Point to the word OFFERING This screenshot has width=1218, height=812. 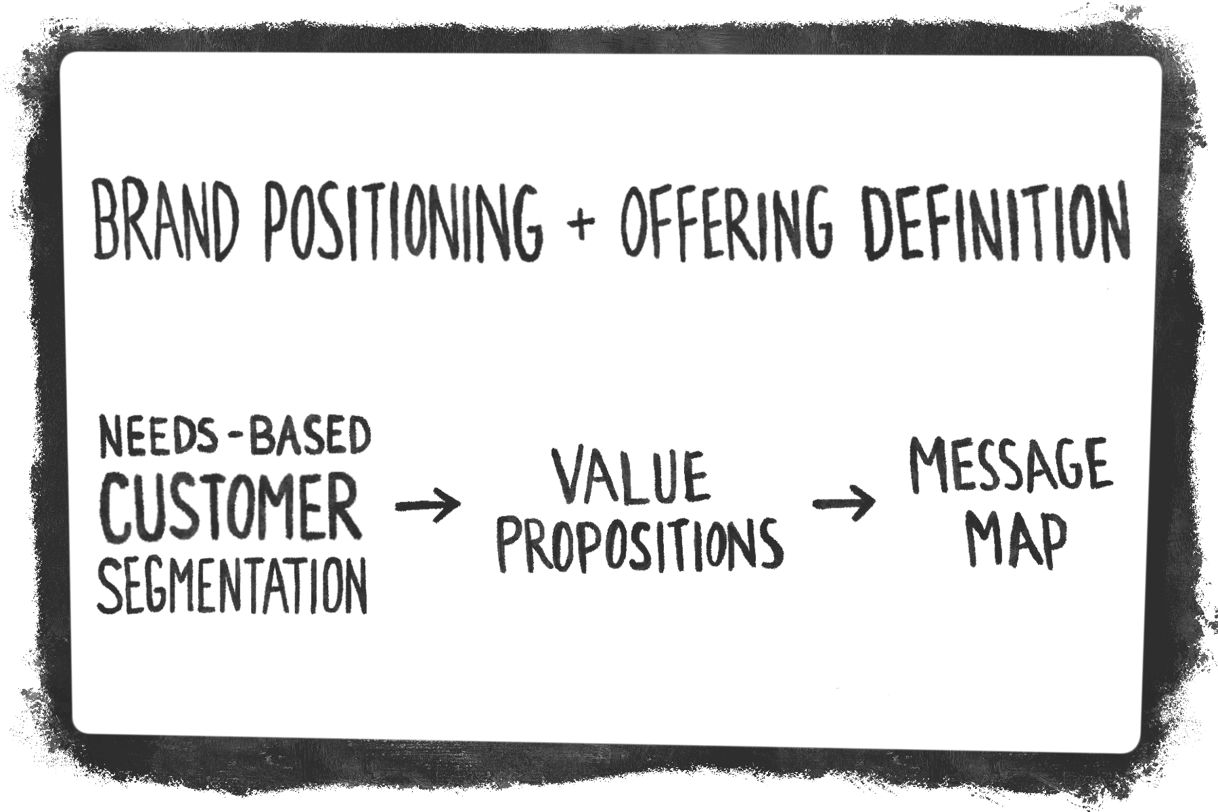[x=725, y=220]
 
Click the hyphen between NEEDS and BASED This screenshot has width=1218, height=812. [x=232, y=440]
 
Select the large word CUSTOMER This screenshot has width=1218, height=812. [x=229, y=508]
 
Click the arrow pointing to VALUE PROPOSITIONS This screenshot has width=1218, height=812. [x=428, y=505]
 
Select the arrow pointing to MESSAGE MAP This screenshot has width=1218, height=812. [x=843, y=503]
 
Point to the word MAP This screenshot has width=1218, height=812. [x=1015, y=541]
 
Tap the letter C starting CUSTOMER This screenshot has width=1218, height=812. [x=118, y=508]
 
